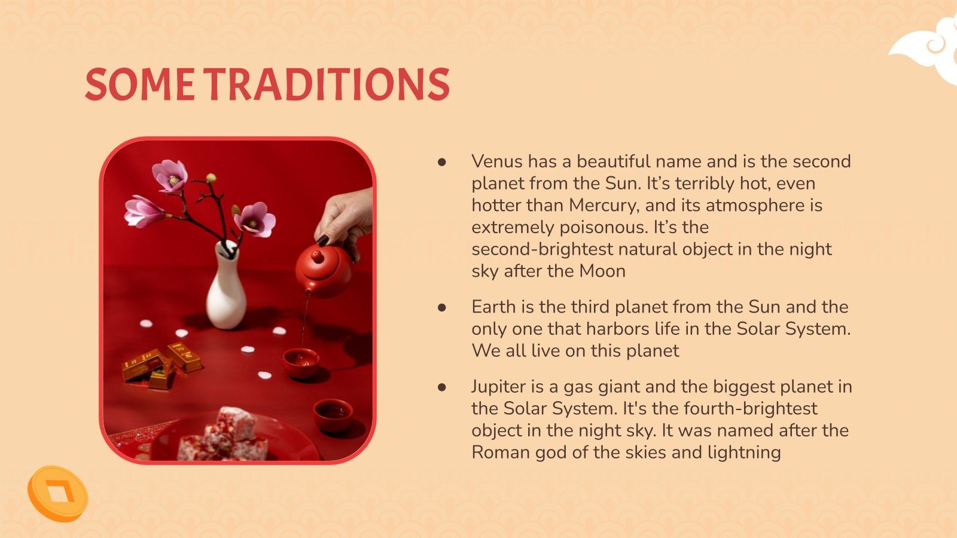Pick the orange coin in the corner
tap(57, 493)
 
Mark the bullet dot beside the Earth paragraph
tap(442, 307)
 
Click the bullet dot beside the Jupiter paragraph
tap(442, 387)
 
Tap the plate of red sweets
tap(233, 436)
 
